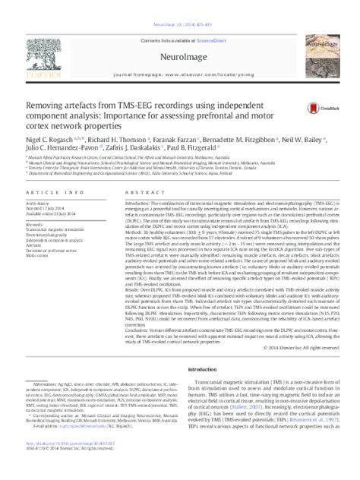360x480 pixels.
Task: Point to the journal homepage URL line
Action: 180,55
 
